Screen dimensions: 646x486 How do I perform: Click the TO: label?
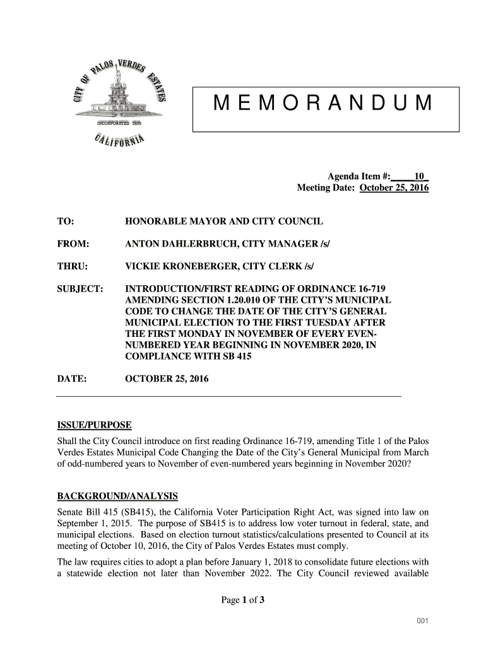point(66,222)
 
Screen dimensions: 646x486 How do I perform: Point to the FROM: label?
point(73,244)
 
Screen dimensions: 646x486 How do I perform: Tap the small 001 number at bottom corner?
point(423,622)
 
